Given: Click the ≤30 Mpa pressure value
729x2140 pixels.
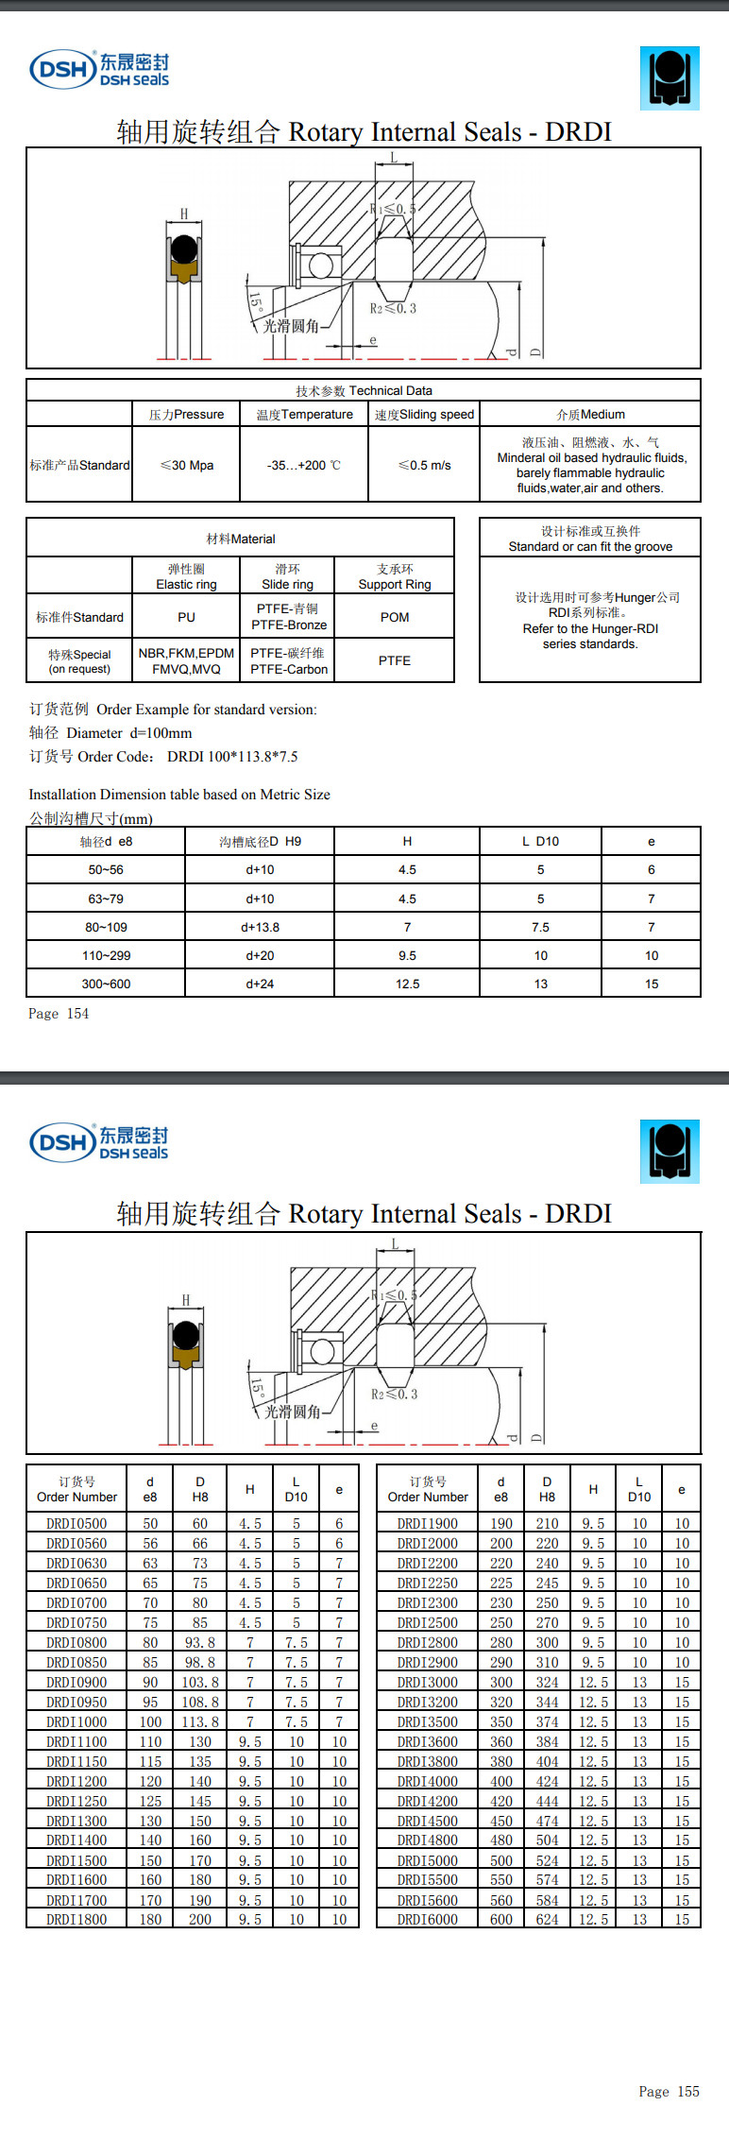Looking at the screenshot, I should click(187, 465).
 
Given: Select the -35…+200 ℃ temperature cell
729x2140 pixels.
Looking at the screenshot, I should click(303, 465).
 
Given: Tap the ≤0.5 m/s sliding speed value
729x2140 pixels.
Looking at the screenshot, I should click(424, 465).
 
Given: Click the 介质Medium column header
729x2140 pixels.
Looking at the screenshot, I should click(590, 414).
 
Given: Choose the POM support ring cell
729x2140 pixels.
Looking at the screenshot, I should click(395, 617).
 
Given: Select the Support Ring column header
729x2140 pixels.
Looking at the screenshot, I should click(395, 576).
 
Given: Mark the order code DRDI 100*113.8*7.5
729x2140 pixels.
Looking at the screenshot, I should click(232, 756).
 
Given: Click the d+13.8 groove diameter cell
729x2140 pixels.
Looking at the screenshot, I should click(260, 927).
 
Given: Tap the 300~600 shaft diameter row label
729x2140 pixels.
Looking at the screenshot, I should click(106, 984).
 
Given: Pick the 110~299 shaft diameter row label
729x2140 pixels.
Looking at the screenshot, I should click(106, 955).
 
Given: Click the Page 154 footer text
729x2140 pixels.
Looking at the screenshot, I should click(59, 1013).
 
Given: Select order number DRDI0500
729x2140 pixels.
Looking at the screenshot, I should click(76, 1523).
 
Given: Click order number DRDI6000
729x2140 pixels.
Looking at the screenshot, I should click(427, 1919).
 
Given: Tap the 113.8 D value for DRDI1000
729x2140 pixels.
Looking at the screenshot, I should click(200, 1721).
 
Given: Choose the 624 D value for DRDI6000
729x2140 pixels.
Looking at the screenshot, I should click(547, 1919).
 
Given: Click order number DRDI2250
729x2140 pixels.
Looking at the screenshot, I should click(427, 1583).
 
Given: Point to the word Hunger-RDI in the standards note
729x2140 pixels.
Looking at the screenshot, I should click(617, 628).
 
